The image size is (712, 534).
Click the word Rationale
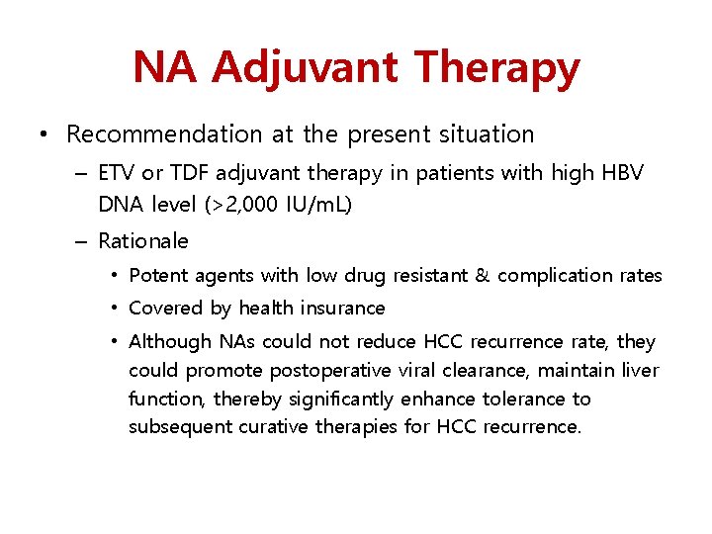(143, 241)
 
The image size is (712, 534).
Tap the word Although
(171, 342)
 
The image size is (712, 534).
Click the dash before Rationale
(84, 241)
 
